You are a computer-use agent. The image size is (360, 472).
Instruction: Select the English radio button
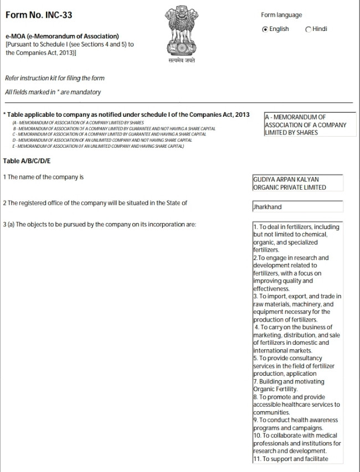265,29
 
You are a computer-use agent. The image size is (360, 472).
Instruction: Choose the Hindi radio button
308,29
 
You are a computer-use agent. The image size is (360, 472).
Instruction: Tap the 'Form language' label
281,15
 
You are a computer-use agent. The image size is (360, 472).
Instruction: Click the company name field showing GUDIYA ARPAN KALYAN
297,183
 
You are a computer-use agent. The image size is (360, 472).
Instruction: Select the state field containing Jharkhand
297,207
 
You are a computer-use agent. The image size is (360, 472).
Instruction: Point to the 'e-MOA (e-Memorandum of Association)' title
62,37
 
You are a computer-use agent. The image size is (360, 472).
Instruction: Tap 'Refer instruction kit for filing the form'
54,78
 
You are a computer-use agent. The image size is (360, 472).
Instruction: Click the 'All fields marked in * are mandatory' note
53,92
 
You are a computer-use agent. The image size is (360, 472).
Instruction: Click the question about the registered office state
95,203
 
